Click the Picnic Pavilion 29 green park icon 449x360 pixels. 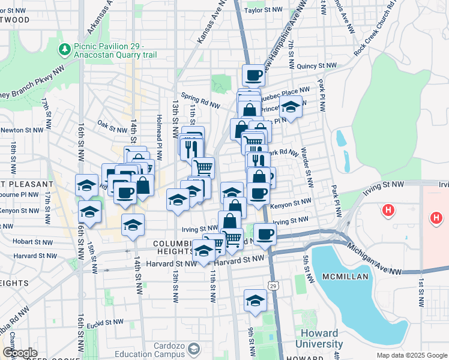(63, 48)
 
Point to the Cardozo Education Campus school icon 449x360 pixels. (193, 348)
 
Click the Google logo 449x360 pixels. (20, 353)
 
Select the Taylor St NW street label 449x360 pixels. (263, 10)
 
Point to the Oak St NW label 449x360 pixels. (113, 125)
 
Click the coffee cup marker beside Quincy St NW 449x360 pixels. (253, 76)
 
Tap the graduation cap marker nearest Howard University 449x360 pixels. (255, 301)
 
